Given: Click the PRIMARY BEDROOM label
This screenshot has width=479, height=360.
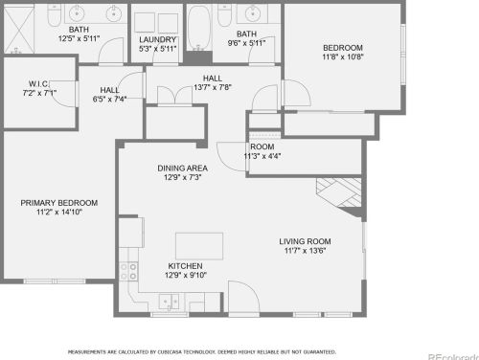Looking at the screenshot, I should (59, 203).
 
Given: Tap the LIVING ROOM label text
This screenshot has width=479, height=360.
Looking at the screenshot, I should (305, 241).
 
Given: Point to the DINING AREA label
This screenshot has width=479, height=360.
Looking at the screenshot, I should (182, 169).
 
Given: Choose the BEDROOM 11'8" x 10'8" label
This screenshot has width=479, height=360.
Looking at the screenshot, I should (342, 48).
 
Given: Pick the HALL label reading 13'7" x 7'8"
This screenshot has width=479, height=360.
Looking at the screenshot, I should (213, 79).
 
